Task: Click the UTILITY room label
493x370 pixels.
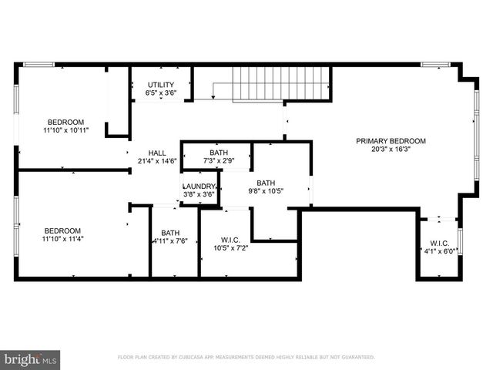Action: tap(160, 85)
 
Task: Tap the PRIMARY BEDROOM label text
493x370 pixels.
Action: tap(391, 141)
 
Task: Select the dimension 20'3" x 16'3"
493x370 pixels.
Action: tap(391, 150)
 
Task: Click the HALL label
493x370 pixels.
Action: tap(157, 153)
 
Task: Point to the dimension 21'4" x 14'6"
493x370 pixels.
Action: tap(157, 161)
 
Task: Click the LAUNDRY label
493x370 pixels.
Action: tap(199, 187)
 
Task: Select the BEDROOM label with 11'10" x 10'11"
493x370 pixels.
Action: tap(65, 122)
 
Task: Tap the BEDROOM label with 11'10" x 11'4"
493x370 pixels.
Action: tap(62, 230)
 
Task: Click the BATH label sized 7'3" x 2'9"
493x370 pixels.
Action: tap(219, 153)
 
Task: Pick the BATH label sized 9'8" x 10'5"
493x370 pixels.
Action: tap(266, 183)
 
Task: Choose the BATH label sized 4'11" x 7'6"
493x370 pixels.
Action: tap(170, 233)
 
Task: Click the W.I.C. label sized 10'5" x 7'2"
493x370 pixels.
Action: tap(230, 239)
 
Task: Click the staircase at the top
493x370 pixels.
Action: tap(261, 82)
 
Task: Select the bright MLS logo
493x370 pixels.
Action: tap(31, 358)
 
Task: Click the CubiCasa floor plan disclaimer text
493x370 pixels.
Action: tap(246, 358)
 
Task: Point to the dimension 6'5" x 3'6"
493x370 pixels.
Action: tap(160, 93)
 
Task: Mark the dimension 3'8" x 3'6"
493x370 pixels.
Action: tap(199, 195)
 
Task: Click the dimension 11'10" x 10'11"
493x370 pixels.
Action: tap(65, 130)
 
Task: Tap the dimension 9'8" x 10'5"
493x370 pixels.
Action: tap(266, 191)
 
